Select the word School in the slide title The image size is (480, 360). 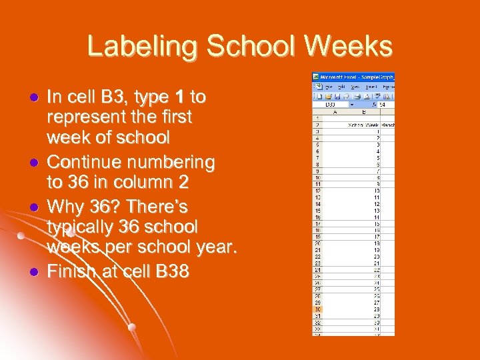pos(246,47)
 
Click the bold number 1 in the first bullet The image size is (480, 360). pos(179,97)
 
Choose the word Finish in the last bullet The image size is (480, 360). pos(72,271)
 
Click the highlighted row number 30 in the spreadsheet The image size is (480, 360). pos(319,308)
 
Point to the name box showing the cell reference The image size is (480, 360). pos(330,105)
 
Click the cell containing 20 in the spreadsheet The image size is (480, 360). pos(377,256)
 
